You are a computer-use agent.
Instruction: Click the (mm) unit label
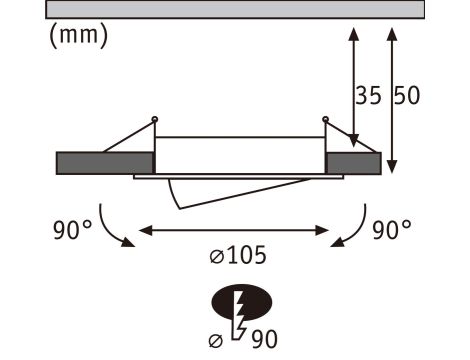tap(77, 36)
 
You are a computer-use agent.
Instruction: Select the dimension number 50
tap(406, 97)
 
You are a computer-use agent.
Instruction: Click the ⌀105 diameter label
tap(238, 255)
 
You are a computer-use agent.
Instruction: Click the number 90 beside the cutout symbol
tap(262, 340)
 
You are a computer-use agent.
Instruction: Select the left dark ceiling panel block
tap(104, 162)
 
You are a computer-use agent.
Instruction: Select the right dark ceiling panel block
tap(353, 162)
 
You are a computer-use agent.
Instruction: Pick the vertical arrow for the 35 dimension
tap(353, 85)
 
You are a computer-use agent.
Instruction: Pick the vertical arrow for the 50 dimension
tap(391, 95)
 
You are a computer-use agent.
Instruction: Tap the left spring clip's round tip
tap(154, 121)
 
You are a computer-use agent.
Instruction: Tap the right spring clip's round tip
tap(324, 121)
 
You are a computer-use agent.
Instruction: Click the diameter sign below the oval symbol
tap(215, 339)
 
